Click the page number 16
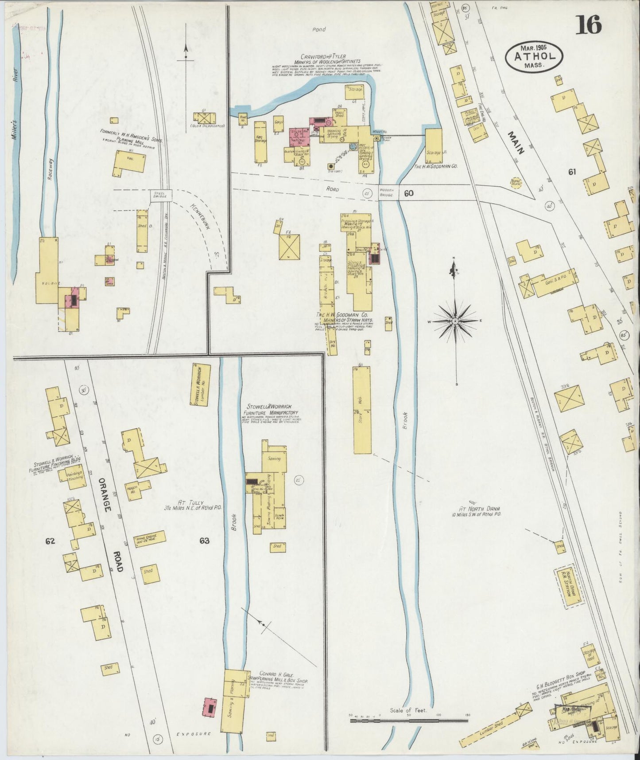589,24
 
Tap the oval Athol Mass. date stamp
535,57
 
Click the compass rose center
455,320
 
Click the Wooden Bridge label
387,194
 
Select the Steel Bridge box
160,196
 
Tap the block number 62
49,541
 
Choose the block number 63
204,541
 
